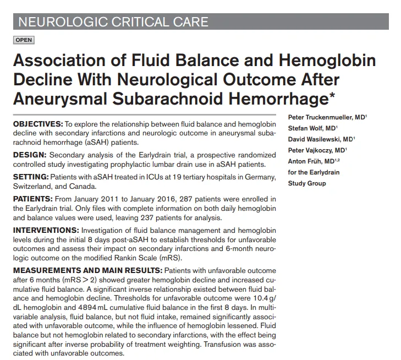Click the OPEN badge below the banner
tap(24, 40)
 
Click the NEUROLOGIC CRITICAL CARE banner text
tap(113, 22)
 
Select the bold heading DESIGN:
tap(29, 156)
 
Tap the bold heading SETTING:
tap(30, 177)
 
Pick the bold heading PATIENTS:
tap(33, 198)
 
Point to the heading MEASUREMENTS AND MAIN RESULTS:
tap(86, 271)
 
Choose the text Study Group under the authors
tap(307, 183)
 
